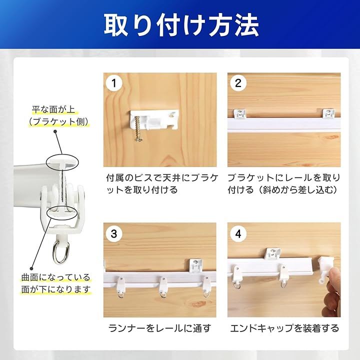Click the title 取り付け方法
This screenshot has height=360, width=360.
[181, 25]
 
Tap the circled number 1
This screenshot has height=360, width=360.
[114, 83]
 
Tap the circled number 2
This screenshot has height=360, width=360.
[238, 83]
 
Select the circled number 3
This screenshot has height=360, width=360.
[114, 233]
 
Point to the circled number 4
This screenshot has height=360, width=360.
[238, 233]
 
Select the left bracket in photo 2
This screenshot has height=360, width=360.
[240, 113]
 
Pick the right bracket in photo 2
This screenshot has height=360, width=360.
[329, 113]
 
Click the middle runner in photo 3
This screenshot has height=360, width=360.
[163, 287]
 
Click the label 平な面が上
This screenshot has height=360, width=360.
[53, 109]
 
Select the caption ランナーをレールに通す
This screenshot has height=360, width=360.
[159, 328]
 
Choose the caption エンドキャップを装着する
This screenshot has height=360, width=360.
[284, 328]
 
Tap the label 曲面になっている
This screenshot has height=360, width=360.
[56, 277]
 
